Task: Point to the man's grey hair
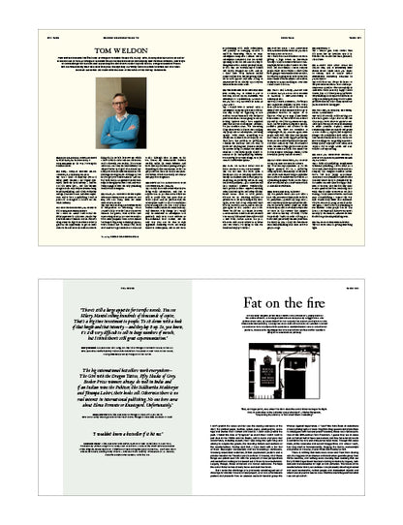click(118, 92)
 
